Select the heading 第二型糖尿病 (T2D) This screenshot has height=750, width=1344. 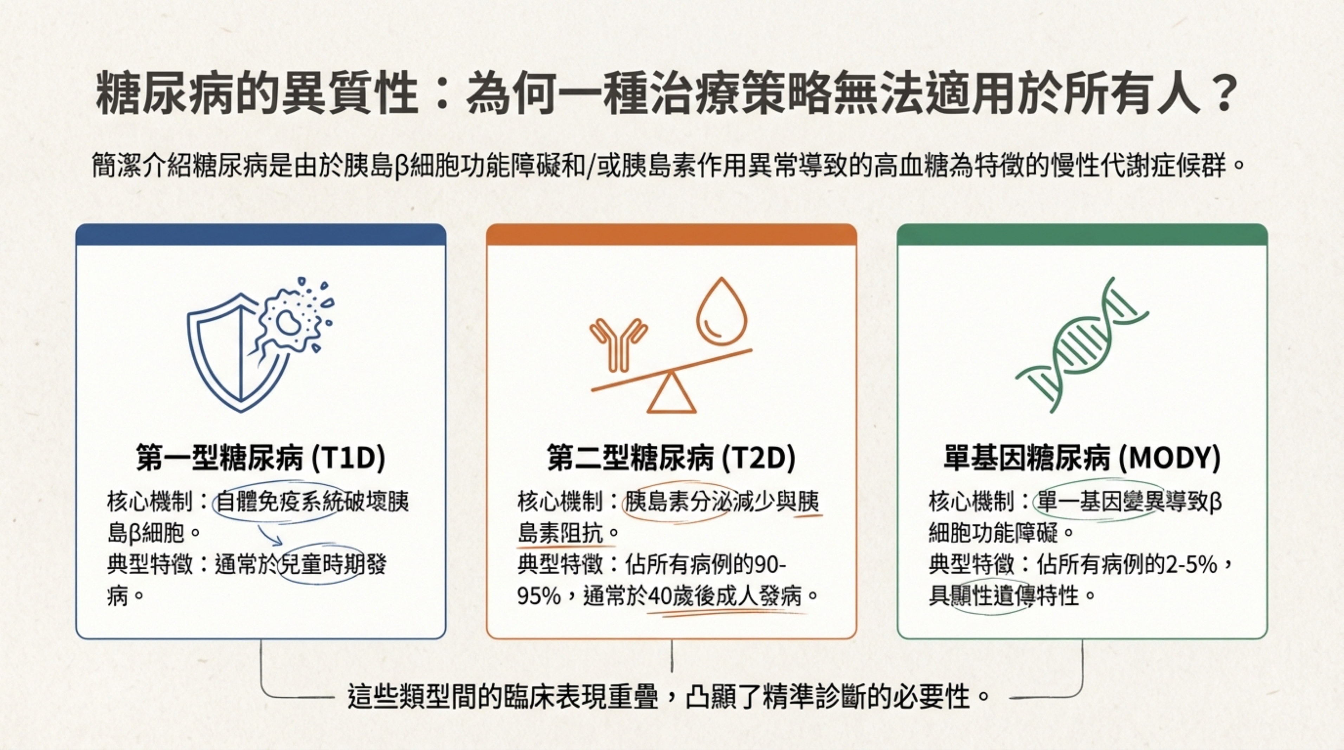point(671,458)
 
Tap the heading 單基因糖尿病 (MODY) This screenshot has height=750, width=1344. point(1082,458)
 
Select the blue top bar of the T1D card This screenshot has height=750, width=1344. point(261,235)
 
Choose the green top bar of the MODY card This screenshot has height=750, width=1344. point(1082,235)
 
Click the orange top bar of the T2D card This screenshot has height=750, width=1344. point(671,235)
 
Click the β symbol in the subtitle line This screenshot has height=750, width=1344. point(400,167)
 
